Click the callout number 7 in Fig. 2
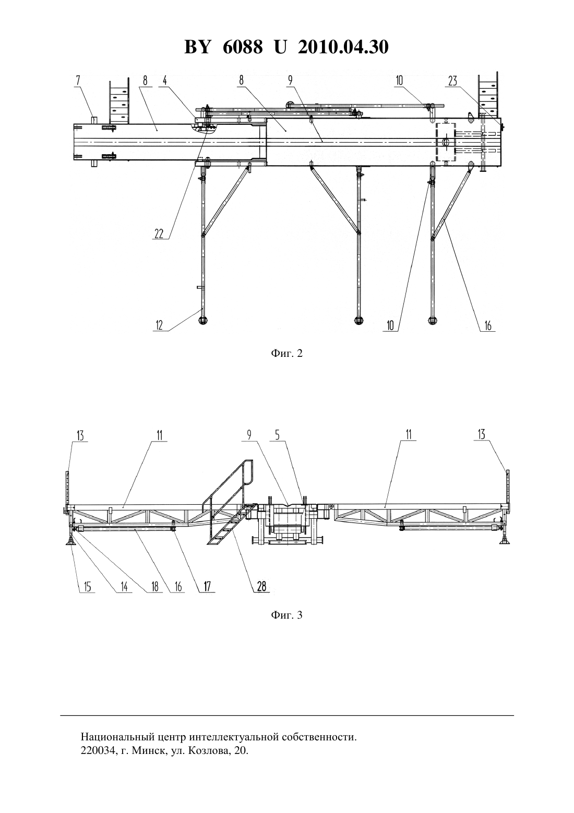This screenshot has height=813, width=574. [x=78, y=80]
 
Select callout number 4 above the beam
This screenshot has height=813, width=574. [x=165, y=80]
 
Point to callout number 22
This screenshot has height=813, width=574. [x=159, y=234]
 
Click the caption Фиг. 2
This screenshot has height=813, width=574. [x=286, y=353]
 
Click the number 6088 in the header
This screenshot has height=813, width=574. [x=243, y=47]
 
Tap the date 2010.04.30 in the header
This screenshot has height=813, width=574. [x=343, y=47]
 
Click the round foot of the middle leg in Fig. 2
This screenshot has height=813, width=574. [x=359, y=320]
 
